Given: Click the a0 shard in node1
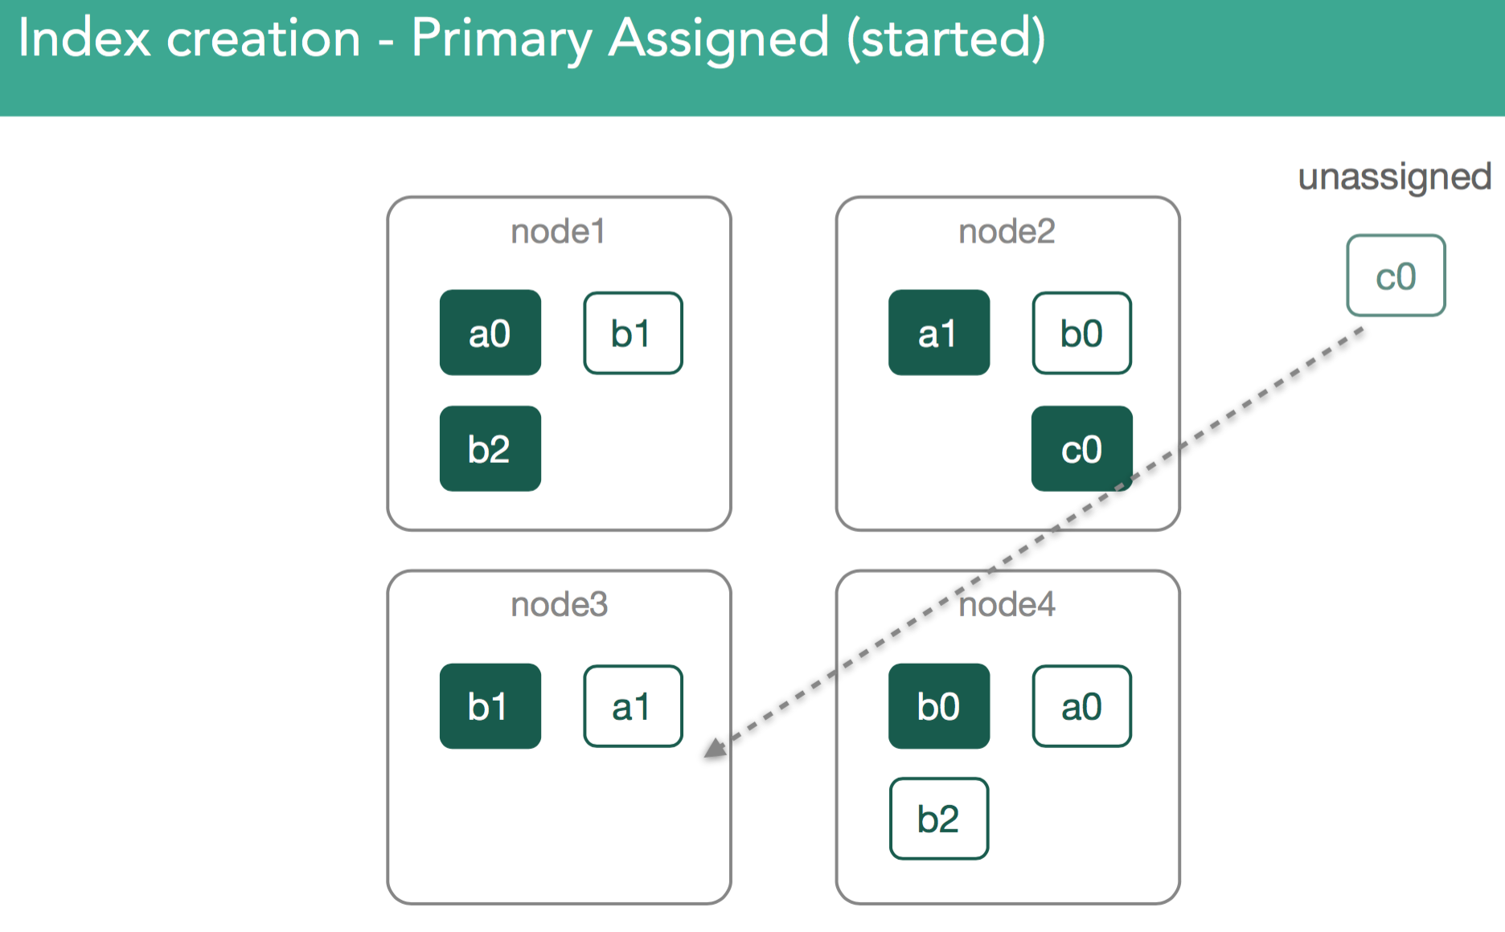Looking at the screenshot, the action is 490,333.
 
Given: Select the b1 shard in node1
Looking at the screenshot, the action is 634,333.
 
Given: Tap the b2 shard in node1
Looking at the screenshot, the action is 490,448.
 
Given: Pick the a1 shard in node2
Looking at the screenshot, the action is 939,333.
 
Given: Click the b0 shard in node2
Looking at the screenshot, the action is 1082,333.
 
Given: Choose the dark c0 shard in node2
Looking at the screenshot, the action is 1082,448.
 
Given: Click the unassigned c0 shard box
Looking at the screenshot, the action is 1396,276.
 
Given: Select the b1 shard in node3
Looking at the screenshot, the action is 490,706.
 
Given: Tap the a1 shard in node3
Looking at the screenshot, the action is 634,706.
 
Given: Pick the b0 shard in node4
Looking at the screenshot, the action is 939,706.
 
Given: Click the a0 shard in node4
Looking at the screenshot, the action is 1082,706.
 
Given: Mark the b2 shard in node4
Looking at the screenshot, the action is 939,819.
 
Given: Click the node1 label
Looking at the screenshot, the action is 558,231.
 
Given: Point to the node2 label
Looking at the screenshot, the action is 1007,231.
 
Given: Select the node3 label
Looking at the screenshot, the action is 560,604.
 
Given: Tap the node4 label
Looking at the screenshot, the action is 1007,604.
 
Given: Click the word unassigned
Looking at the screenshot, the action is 1395,177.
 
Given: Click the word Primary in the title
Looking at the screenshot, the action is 502,39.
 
